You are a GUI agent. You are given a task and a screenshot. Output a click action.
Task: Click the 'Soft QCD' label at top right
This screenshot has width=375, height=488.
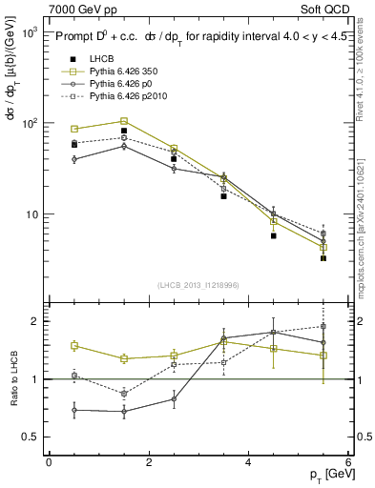pos(326,9)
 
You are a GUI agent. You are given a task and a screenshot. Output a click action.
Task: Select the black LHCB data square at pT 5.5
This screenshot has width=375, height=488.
pos(323,257)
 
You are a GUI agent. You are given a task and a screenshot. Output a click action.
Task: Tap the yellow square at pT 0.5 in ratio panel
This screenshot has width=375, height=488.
pos(74,346)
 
